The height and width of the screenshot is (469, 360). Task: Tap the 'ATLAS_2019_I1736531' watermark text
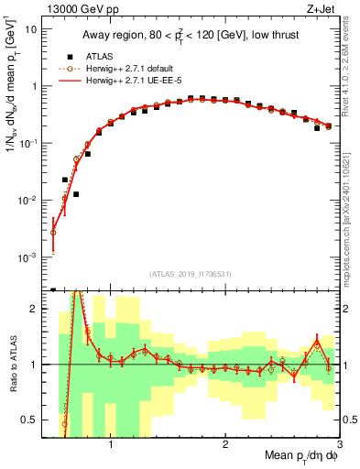(x=191, y=274)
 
